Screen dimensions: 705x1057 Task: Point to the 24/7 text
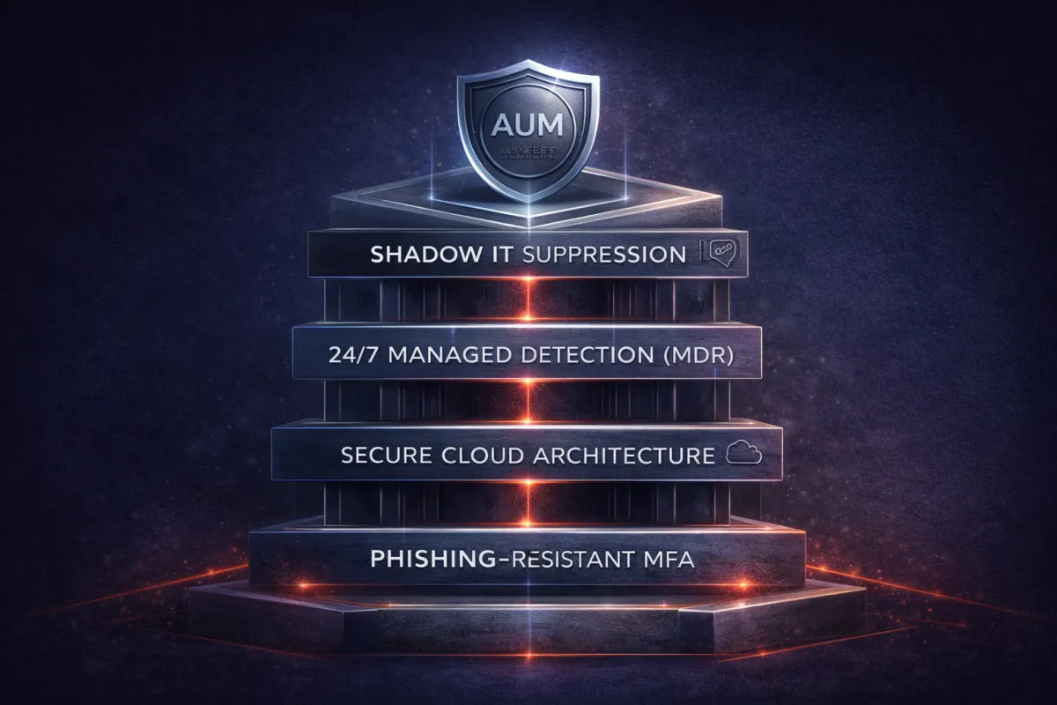(347, 357)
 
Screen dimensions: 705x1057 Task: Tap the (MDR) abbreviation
(696, 357)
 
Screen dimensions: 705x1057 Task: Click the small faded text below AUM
(528, 152)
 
